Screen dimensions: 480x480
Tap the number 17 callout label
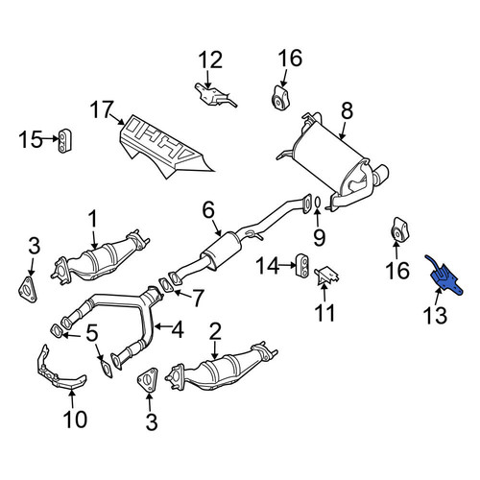[x=102, y=109]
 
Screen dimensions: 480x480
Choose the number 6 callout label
[x=208, y=210]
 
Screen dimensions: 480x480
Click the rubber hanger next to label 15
[x=65, y=141]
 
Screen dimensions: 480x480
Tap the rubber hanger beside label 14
[x=302, y=265]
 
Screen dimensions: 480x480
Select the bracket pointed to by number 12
[x=215, y=94]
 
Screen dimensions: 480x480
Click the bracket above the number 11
[x=327, y=276]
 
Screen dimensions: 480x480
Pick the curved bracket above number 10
[x=60, y=372]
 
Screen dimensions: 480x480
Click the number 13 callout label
[x=435, y=315]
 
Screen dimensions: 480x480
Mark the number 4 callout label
[x=178, y=329]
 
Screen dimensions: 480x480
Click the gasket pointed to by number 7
[x=166, y=285]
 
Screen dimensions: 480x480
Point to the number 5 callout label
[x=92, y=334]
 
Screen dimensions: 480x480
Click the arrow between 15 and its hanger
[x=50, y=138]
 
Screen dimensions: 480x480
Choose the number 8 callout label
[x=347, y=110]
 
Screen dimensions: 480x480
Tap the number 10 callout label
[x=75, y=419]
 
